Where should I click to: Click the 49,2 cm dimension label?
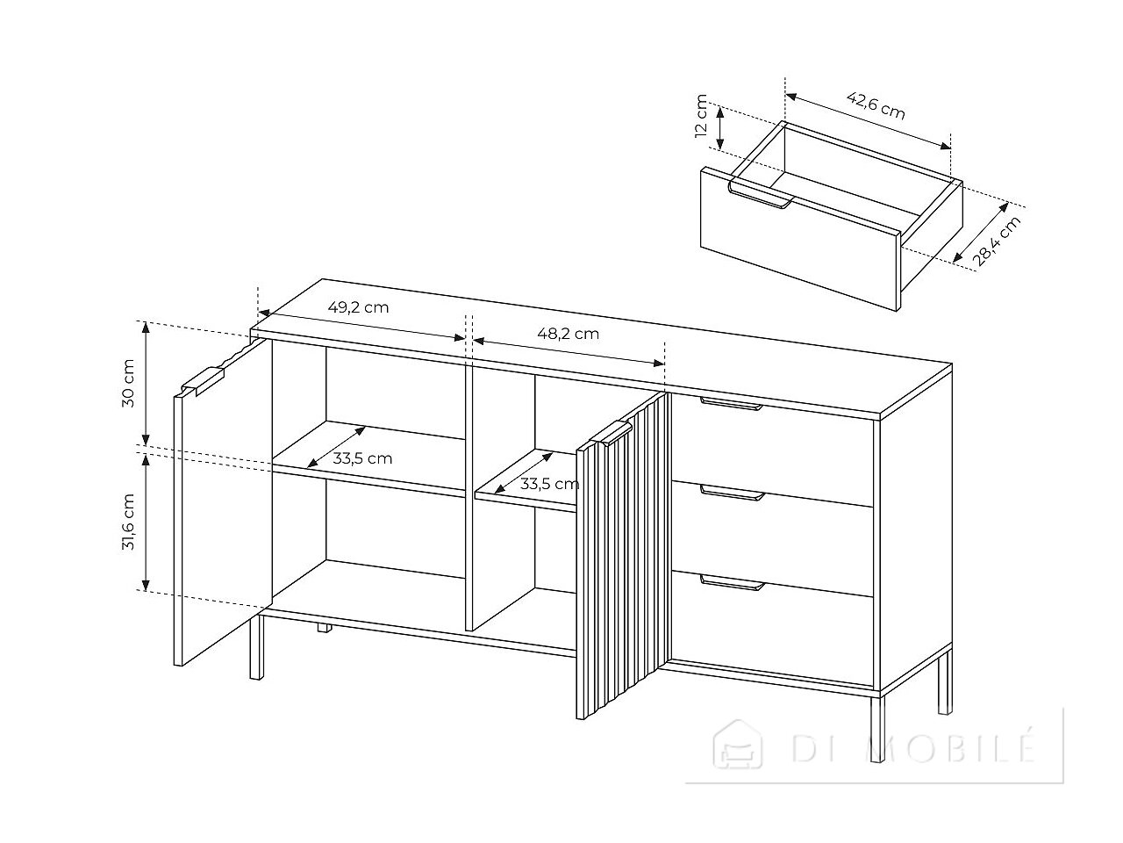click(358, 307)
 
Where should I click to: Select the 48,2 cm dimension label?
click(568, 334)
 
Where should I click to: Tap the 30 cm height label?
click(128, 384)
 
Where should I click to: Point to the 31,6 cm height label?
click(128, 522)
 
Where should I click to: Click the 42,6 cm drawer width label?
click(876, 105)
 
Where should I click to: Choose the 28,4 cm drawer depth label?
click(996, 241)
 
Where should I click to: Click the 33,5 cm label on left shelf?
click(362, 458)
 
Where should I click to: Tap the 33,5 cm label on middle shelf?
click(549, 484)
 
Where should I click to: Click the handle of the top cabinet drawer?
click(732, 403)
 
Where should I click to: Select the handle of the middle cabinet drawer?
click(733, 493)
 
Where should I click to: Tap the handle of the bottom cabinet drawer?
click(733, 582)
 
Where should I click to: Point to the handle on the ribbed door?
click(612, 434)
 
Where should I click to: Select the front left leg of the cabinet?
click(256, 646)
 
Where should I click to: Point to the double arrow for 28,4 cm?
click(981, 233)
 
